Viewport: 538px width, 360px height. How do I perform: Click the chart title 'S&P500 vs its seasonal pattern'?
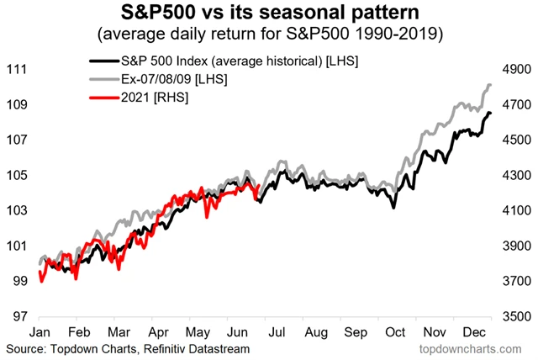pyautogui.click(x=268, y=13)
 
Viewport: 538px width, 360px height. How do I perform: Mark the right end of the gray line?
pyautogui.click(x=491, y=85)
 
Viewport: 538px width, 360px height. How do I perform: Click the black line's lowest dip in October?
pyautogui.click(x=393, y=207)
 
